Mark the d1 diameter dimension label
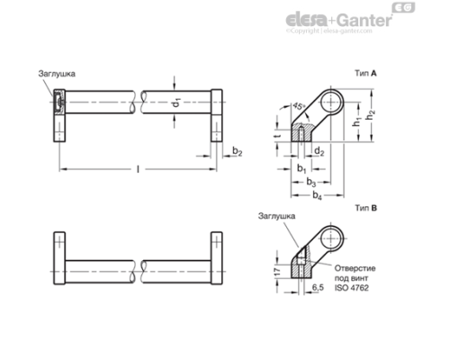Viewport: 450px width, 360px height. click(x=177, y=105)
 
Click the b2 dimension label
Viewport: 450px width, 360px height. click(x=236, y=150)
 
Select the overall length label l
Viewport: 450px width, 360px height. click(x=137, y=168)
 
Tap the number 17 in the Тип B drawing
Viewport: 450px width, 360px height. click(x=275, y=269)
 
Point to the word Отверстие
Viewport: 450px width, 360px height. click(x=355, y=269)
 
